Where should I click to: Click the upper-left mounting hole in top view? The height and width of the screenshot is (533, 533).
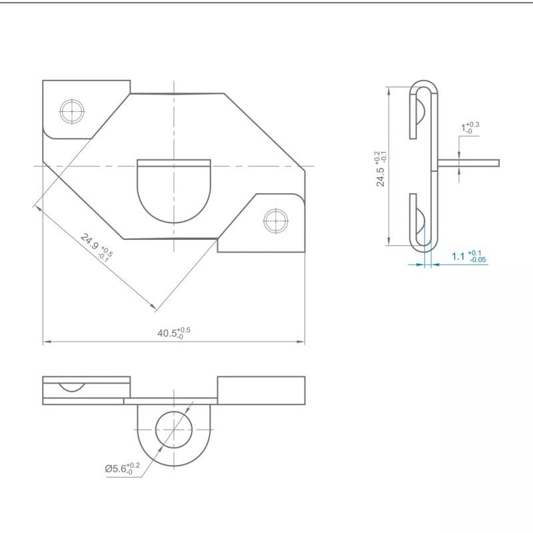click(71, 111)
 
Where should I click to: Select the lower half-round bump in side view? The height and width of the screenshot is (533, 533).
click(420, 222)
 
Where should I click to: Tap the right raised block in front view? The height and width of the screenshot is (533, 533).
click(261, 390)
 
